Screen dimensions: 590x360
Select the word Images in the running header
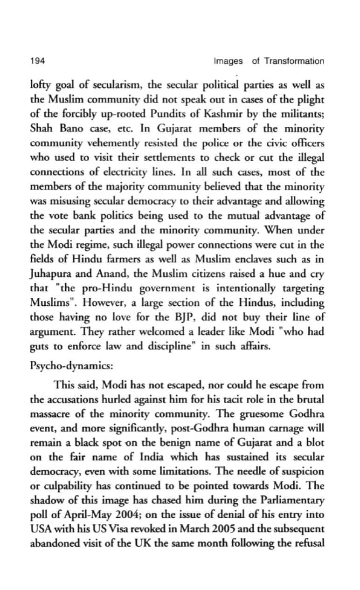(228, 61)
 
